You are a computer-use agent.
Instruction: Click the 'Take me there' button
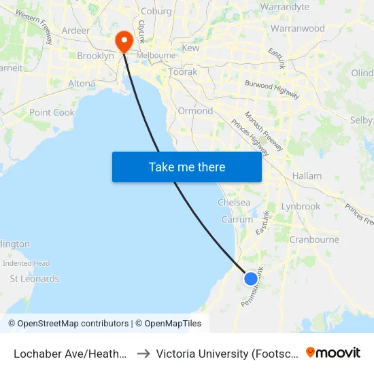[x=187, y=167]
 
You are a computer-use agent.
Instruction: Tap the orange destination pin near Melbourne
[x=124, y=41]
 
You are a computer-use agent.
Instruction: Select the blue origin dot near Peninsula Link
[x=251, y=278]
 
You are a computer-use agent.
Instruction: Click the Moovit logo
[x=333, y=352]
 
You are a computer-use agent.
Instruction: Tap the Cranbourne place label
[x=314, y=239]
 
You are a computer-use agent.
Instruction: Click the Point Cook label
[x=52, y=112]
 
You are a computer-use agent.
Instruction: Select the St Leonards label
[x=34, y=278]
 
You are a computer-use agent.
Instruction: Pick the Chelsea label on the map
[x=234, y=203]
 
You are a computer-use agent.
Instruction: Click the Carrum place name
[x=237, y=220]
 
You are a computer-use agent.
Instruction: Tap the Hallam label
[x=307, y=175]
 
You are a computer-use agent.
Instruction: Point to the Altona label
[x=82, y=84]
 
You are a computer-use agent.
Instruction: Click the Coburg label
[x=156, y=11]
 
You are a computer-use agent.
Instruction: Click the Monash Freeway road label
[x=264, y=132]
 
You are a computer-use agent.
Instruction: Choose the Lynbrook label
[x=301, y=206]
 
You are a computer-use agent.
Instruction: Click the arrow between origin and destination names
[x=143, y=353]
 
